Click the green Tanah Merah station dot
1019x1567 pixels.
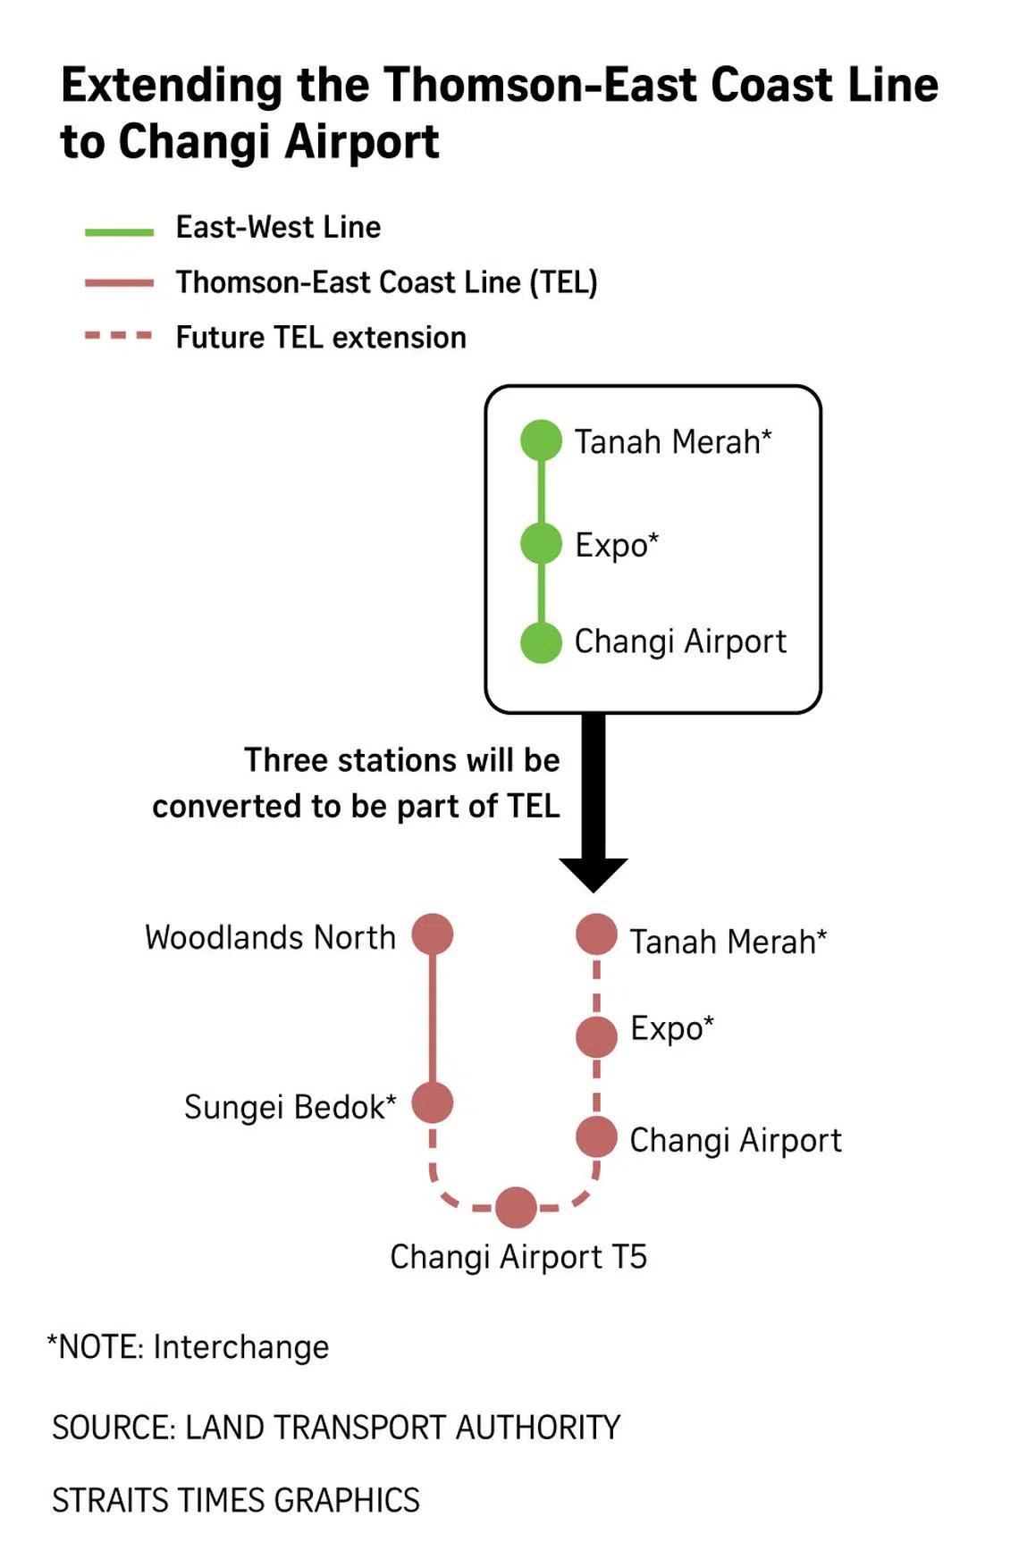point(541,440)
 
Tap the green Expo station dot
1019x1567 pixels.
point(541,543)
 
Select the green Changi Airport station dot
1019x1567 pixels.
point(541,642)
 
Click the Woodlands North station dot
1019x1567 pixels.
point(433,934)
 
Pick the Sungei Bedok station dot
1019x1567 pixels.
point(433,1102)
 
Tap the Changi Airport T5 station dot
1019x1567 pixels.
point(516,1208)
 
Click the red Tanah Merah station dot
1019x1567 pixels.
point(596,934)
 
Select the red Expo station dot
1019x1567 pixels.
point(596,1036)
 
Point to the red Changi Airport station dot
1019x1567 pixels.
point(596,1137)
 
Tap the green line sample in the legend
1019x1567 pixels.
point(119,232)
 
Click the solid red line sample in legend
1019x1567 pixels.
point(119,283)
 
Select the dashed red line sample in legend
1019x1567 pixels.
point(119,337)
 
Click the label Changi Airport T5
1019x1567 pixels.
point(518,1257)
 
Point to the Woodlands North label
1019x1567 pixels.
point(270,937)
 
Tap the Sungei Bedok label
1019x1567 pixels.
point(290,1107)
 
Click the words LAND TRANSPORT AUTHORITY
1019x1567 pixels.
point(402,1428)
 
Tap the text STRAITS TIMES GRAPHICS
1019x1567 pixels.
point(236,1500)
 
